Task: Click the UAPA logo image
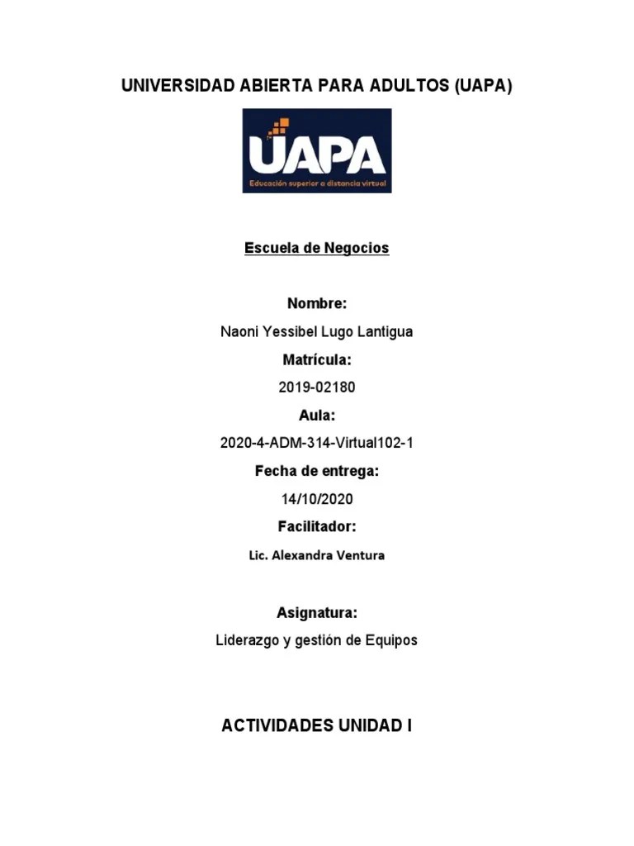tap(317, 151)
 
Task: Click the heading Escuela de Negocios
tap(317, 248)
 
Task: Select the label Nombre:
tap(317, 303)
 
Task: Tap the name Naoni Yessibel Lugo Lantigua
tap(317, 331)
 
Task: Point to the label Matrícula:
tap(317, 359)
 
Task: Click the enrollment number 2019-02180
tap(317, 387)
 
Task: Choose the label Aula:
tap(317, 415)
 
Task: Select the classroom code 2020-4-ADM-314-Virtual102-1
tap(317, 443)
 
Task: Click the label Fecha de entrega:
tap(317, 471)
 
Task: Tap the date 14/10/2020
tap(317, 499)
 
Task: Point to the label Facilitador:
tap(317, 526)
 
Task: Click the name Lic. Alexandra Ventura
tap(317, 555)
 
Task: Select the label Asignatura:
tap(317, 612)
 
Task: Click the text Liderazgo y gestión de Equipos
tap(317, 640)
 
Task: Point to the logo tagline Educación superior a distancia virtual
tap(317, 182)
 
